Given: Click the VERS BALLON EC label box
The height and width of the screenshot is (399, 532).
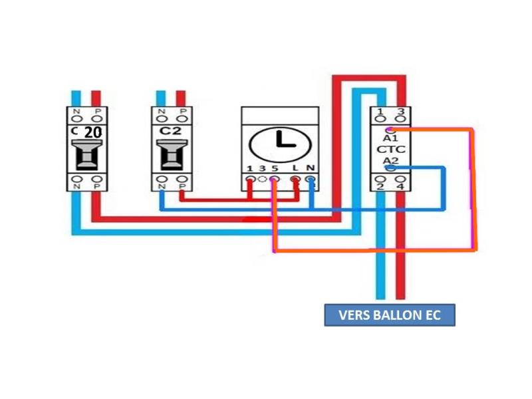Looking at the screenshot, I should [x=390, y=315].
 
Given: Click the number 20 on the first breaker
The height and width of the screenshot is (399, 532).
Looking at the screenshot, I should [x=93, y=132].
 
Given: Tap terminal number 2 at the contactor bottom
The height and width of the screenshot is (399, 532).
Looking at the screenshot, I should [x=380, y=187].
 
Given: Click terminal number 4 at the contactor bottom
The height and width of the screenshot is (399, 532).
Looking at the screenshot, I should [x=400, y=187].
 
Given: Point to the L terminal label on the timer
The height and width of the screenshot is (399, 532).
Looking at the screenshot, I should [x=295, y=169].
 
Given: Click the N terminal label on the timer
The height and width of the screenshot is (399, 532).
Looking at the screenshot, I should [x=310, y=169].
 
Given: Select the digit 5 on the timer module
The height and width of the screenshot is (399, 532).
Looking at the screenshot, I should [x=273, y=169].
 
